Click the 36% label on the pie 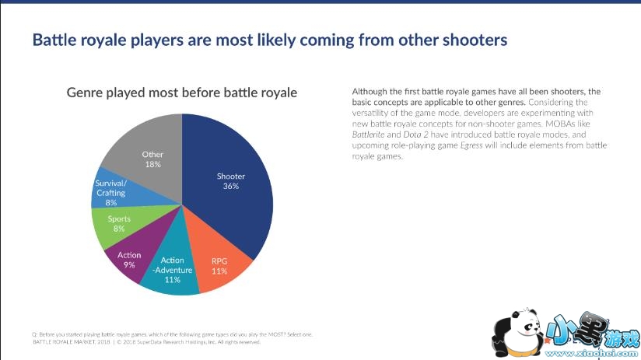coord(230,187)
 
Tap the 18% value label coord(152,164)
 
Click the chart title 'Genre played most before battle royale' coord(182,93)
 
